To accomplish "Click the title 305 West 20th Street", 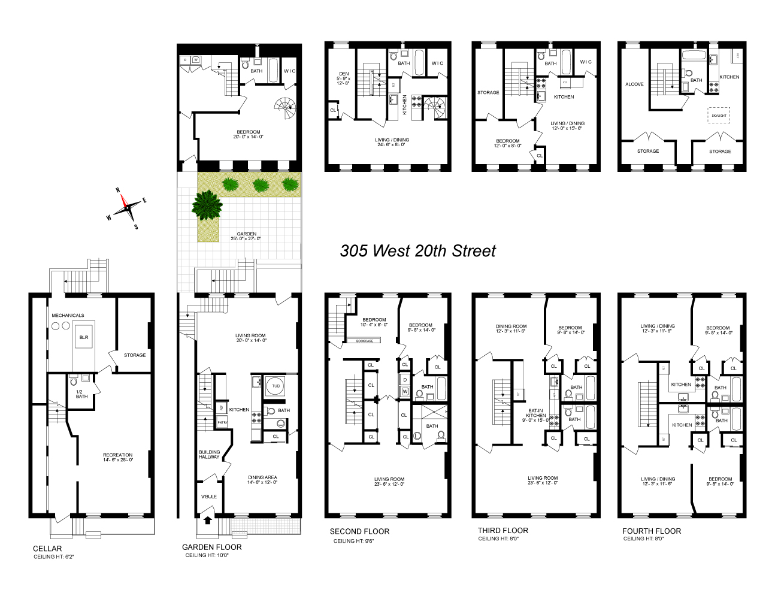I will click(417, 250).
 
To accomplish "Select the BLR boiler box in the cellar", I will click(84, 337).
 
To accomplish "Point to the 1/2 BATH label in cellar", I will click(81, 394).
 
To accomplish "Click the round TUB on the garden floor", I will click(276, 386).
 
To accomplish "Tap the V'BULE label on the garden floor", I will click(208, 497).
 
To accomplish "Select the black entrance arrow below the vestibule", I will click(208, 519).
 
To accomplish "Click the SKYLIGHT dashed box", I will click(719, 116).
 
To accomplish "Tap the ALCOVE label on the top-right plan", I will click(634, 84).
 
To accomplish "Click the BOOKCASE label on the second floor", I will click(364, 341).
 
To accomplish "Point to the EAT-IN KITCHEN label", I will click(535, 415).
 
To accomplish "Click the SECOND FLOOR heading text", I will click(359, 531).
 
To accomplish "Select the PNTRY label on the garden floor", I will click(222, 422).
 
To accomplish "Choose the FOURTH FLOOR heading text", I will click(651, 531).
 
